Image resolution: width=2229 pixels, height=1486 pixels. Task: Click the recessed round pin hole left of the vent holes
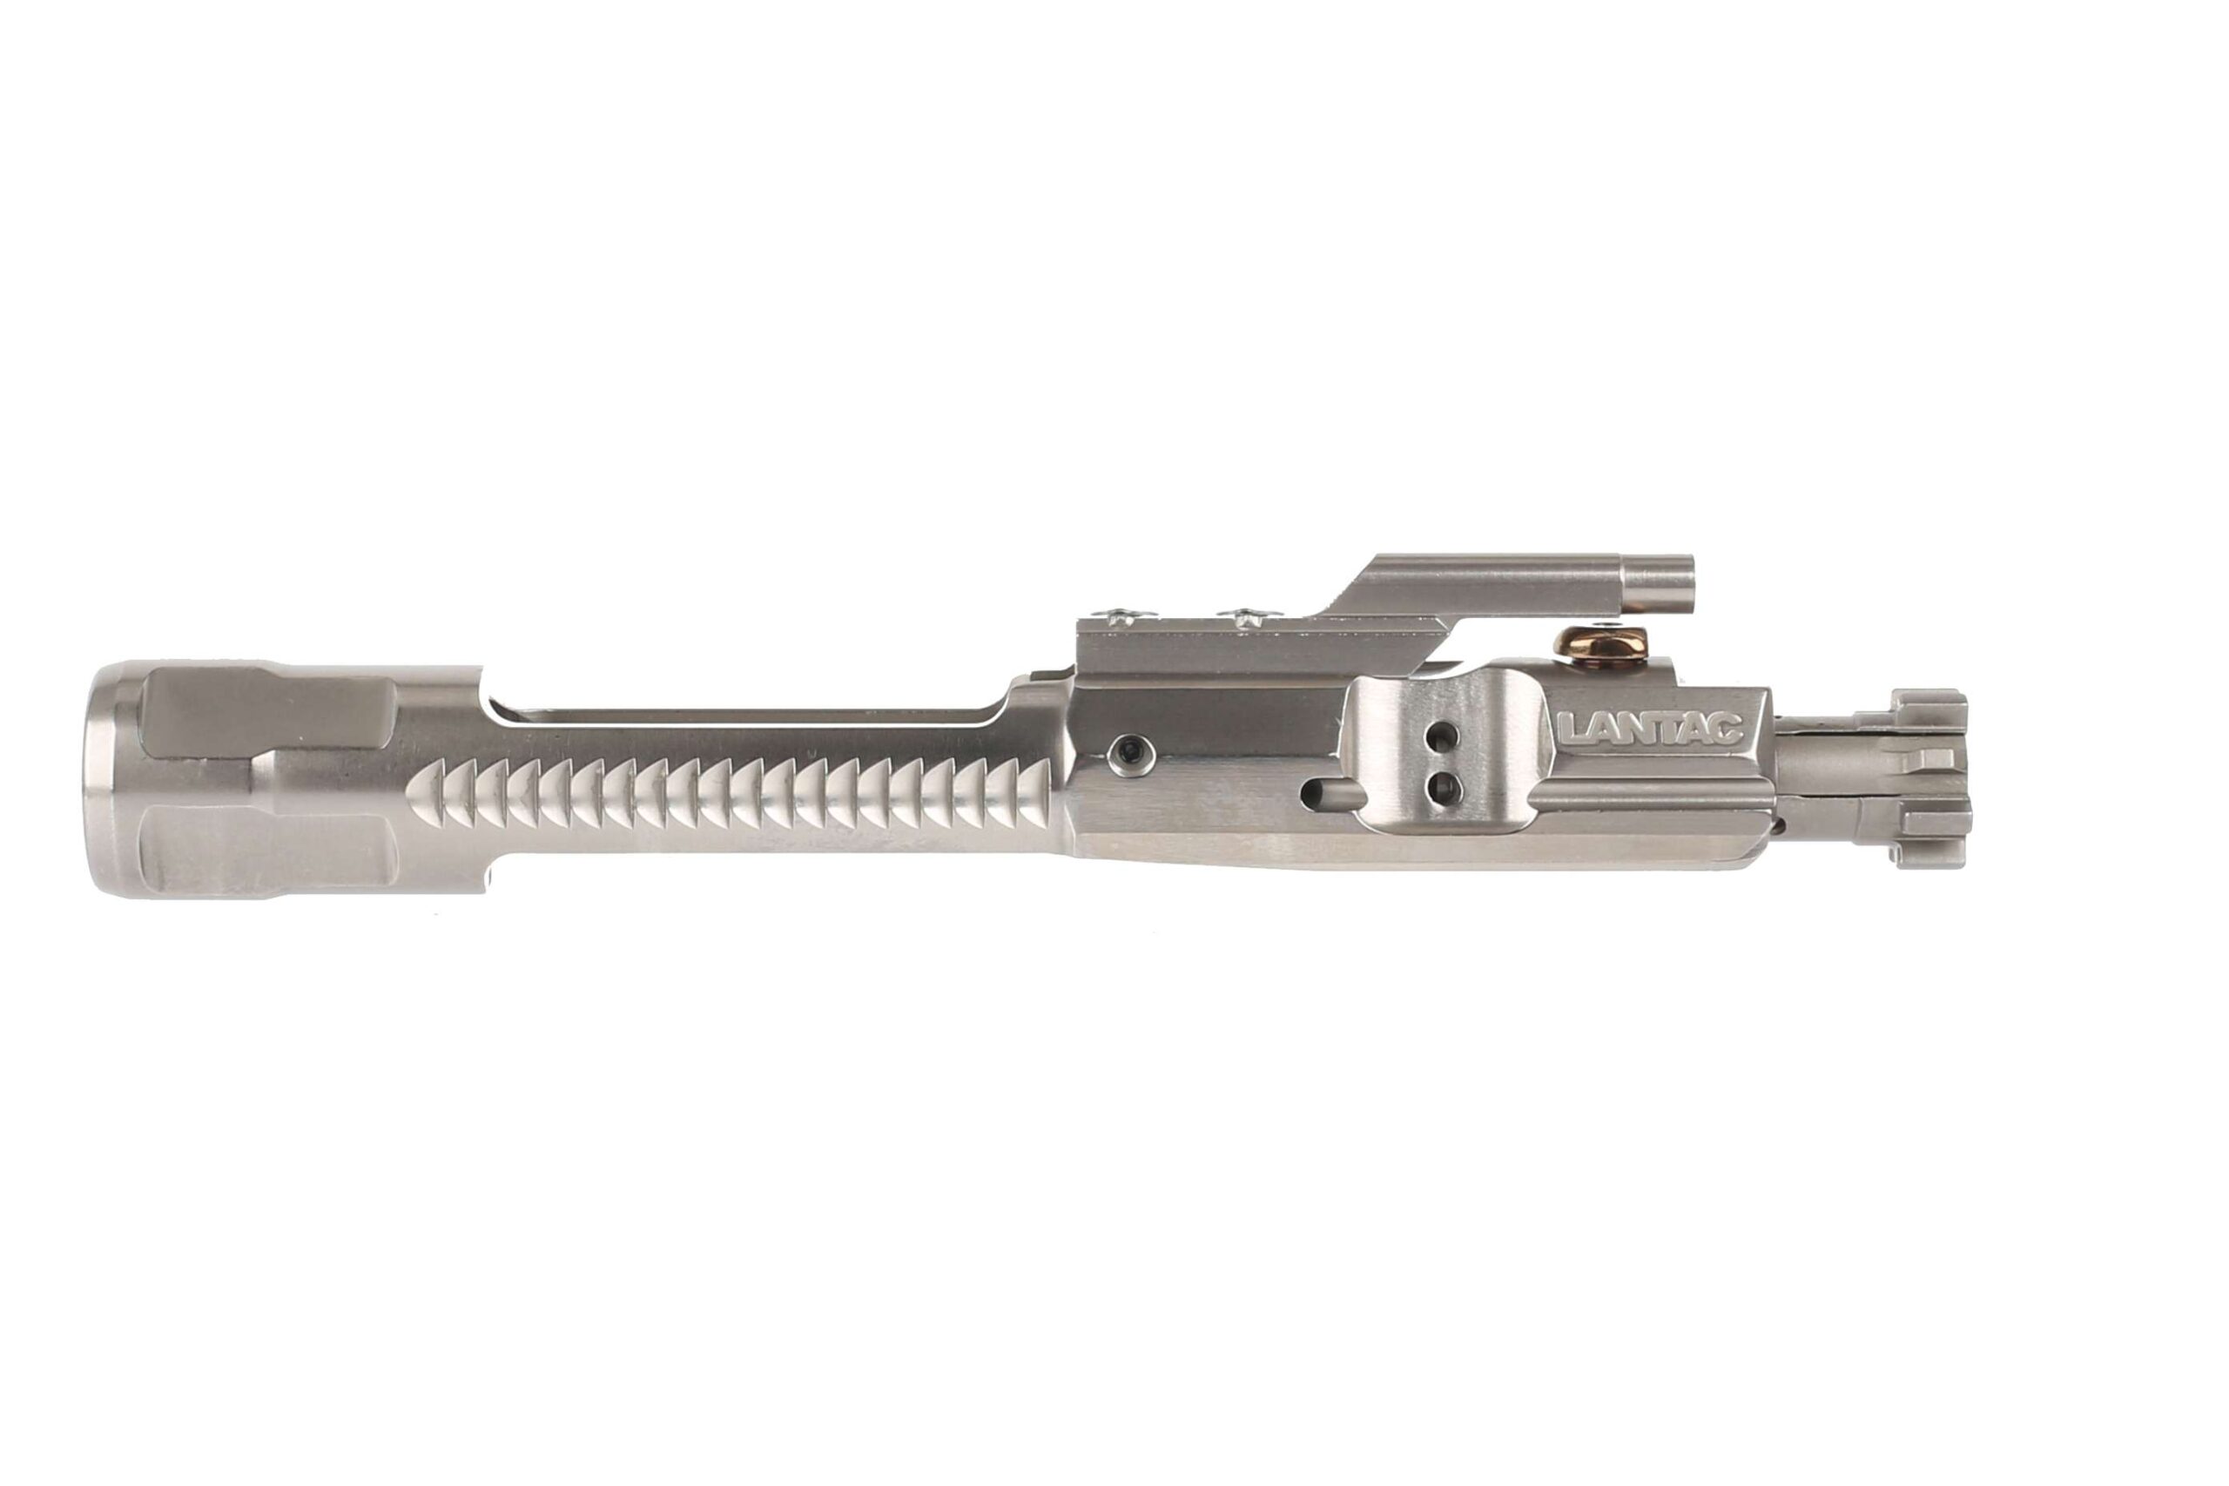click(1128, 752)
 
